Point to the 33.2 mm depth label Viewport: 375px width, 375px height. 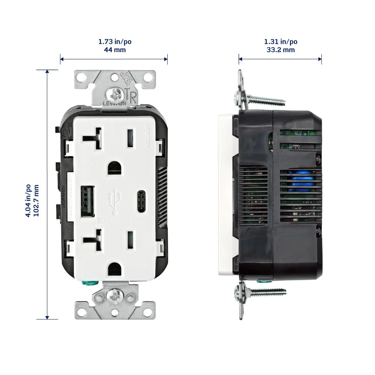pyautogui.click(x=280, y=50)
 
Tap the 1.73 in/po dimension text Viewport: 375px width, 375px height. pyautogui.click(x=115, y=42)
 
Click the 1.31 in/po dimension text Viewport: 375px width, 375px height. pyautogui.click(x=281, y=42)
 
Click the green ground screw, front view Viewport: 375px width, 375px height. pyautogui.click(x=90, y=283)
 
